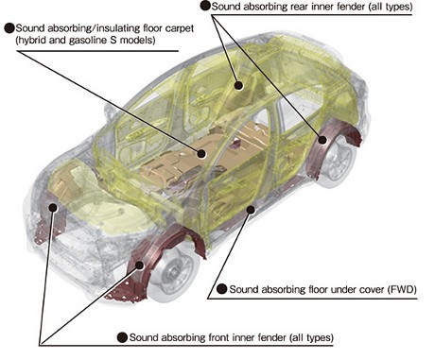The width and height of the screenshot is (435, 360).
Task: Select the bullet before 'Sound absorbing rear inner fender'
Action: click(205, 6)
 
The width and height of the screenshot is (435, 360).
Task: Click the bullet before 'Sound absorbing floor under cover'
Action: click(222, 289)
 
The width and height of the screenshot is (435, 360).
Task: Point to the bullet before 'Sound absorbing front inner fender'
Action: click(122, 337)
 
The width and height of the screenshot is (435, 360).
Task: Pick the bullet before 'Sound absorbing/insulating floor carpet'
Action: click(9, 28)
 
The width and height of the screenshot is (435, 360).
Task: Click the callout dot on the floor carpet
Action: click(201, 154)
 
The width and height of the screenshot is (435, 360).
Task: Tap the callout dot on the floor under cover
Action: click(251, 209)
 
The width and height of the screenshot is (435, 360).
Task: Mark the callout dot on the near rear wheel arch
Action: click(322, 140)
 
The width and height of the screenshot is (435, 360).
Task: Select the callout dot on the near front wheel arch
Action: click(140, 266)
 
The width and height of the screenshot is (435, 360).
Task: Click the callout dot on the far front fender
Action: click(53, 207)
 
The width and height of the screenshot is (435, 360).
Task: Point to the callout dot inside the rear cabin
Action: click(239, 85)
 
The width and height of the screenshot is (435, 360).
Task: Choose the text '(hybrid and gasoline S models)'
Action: click(86, 41)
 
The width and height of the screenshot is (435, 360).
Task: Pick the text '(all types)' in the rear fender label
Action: click(390, 7)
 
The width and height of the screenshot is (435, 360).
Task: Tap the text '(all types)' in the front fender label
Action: click(311, 337)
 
